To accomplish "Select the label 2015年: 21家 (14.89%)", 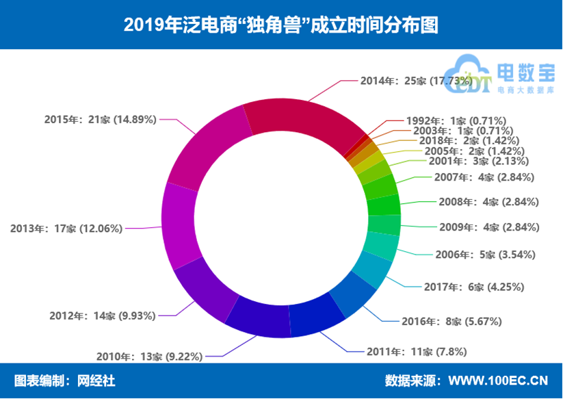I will (x=101, y=119).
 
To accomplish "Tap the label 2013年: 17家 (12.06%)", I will (x=66, y=229).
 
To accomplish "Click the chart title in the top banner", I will (x=281, y=25).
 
